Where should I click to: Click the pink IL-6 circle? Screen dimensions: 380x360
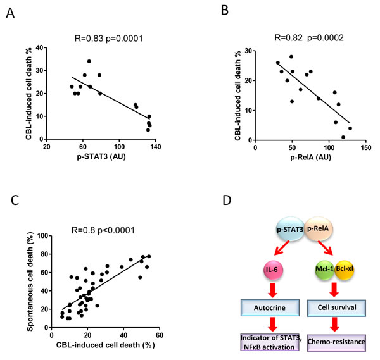coord(273,270)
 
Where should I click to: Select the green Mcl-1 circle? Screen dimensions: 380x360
coord(325,270)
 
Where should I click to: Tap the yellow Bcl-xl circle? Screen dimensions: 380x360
coord(345,270)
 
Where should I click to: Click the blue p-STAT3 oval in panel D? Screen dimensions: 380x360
coord(290,229)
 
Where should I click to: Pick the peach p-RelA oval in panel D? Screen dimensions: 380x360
coord(319,229)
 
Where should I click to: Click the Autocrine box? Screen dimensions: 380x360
coord(270,307)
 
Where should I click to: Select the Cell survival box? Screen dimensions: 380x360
coord(337,307)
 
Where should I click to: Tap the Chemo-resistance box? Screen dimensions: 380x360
coord(336,342)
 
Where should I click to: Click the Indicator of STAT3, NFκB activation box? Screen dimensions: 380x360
coord(270,342)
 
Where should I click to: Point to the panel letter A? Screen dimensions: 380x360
coord(10,13)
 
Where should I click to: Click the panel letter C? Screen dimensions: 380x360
coord(15,200)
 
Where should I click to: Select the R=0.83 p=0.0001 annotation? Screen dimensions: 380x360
coord(109,39)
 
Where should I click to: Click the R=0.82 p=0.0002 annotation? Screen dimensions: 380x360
coord(309,38)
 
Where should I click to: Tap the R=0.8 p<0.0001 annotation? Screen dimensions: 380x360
coord(103,230)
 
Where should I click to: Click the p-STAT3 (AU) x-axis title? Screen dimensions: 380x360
coord(101,157)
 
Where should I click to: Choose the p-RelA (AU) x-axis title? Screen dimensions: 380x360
coord(311,158)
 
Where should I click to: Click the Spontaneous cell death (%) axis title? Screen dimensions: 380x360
coord(30,282)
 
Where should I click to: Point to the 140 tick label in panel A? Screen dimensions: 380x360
coord(155,147)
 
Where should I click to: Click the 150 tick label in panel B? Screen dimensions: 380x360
coord(365,147)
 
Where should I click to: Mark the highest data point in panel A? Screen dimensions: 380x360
coord(89,61)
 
